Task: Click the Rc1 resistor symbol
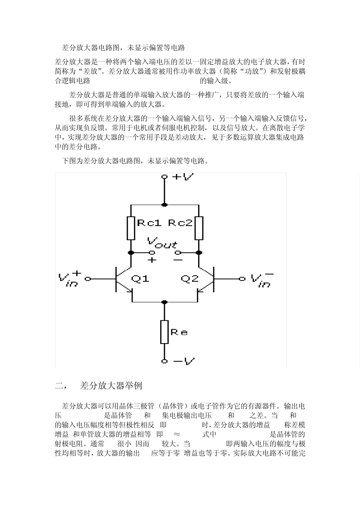[x=131, y=228]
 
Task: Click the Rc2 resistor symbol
[x=199, y=228]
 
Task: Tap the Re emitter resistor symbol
[x=164, y=332]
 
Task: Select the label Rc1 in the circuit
[x=149, y=223]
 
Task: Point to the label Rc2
[x=180, y=223]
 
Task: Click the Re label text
[x=179, y=333]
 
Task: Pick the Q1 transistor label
[x=140, y=279]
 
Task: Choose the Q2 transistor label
[x=189, y=279]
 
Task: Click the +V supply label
[x=183, y=176]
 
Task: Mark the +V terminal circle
[x=164, y=177]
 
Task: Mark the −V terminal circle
[x=164, y=361]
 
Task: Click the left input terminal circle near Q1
[x=88, y=279]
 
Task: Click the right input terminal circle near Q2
[x=242, y=279]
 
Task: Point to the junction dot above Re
[x=164, y=302]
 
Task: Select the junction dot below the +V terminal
[x=164, y=205]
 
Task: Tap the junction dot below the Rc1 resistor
[x=131, y=252]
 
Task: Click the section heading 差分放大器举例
[x=111, y=386]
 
